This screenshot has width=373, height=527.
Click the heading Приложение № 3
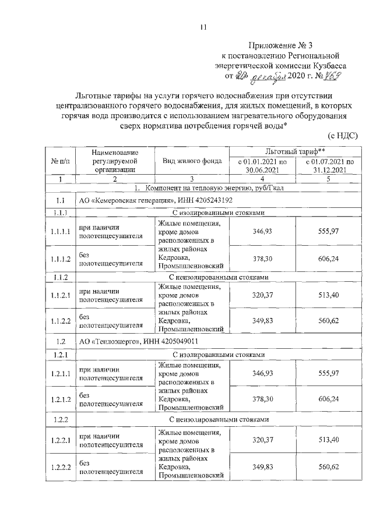point(277,45)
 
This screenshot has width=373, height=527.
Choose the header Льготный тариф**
point(294,150)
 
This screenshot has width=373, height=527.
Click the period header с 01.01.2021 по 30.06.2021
point(263,165)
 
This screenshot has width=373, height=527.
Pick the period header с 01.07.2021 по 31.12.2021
point(328,165)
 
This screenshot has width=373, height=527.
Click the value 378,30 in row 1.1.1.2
point(263,259)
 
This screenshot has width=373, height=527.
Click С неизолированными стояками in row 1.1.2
point(220,277)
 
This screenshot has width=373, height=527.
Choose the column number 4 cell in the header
point(263,179)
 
